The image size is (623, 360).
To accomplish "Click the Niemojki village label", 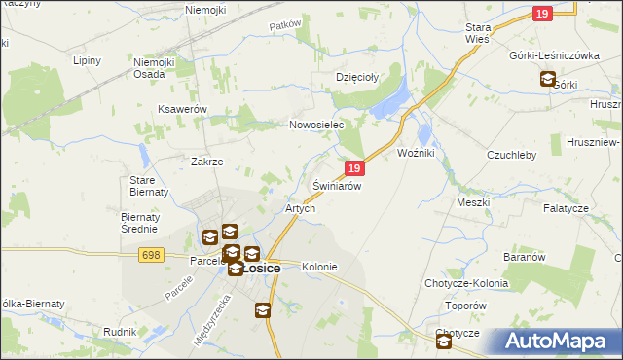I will click(x=205, y=10).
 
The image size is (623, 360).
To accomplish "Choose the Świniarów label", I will click(x=337, y=185).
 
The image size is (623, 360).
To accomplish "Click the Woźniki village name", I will click(x=421, y=154).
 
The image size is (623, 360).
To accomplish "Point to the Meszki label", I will click(x=473, y=202).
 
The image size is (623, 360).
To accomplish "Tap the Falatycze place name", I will click(x=566, y=209).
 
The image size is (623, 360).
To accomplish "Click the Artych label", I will click(x=299, y=209).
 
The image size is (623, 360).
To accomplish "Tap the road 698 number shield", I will click(x=149, y=255).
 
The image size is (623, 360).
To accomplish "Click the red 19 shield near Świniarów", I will click(x=354, y=168).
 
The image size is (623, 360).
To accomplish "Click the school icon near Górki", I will click(x=548, y=81).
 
